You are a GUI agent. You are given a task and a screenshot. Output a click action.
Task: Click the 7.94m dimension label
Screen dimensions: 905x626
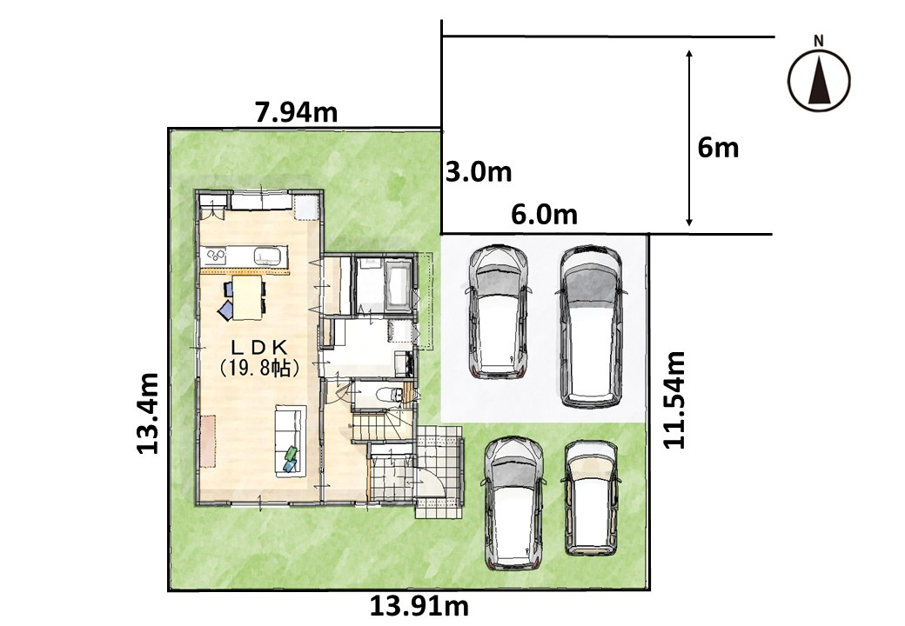coord(296,112)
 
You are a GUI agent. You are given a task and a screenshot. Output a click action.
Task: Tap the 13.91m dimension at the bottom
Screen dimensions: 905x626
coord(419,606)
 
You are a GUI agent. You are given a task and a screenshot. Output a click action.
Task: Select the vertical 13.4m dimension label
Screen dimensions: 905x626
coord(148,413)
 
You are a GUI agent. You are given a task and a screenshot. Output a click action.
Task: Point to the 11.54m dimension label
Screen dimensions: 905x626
coord(674,399)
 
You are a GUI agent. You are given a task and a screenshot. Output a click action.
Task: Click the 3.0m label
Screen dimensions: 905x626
coord(479,172)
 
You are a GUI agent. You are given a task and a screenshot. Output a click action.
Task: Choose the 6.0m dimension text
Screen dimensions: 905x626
coord(544,215)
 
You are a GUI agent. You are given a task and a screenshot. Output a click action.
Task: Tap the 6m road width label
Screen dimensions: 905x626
coord(718,148)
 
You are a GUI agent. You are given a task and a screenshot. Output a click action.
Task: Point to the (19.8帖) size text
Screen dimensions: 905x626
coord(259,367)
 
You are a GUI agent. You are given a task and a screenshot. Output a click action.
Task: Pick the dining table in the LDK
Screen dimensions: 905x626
coord(247,296)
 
